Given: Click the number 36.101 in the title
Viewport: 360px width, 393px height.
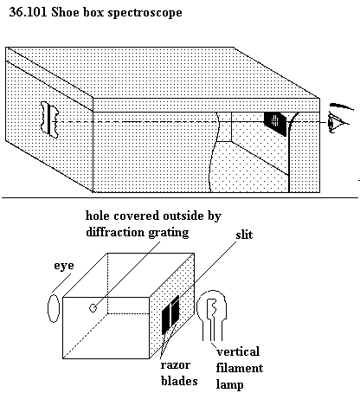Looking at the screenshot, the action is click(x=28, y=12).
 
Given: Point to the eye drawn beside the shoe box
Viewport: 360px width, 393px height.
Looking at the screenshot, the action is click(x=340, y=119).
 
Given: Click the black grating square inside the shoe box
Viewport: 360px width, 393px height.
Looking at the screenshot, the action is click(x=275, y=124).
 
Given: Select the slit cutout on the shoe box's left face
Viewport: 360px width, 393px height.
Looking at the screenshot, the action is click(x=50, y=119).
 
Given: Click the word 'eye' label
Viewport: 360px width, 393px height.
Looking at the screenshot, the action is click(x=64, y=266).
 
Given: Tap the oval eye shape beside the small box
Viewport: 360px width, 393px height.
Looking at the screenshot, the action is click(x=54, y=308).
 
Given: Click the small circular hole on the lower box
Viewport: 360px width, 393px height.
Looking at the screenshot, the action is click(x=93, y=308).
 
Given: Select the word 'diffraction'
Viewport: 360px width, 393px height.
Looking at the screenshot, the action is click(x=115, y=232).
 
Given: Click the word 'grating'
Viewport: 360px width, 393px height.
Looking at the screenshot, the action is click(x=169, y=233).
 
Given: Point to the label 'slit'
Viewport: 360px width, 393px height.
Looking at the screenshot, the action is click(x=244, y=235).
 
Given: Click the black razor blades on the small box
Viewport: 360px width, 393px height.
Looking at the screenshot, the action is click(x=170, y=314).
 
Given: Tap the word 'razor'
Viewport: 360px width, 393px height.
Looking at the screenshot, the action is click(x=176, y=365).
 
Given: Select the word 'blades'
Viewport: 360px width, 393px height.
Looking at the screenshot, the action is click(x=179, y=381).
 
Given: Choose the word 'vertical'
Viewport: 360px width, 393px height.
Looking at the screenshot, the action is click(x=238, y=351).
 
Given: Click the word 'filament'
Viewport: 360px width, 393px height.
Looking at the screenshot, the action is click(x=240, y=368).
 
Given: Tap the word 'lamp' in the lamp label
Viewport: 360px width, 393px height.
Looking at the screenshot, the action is click(x=230, y=385).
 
